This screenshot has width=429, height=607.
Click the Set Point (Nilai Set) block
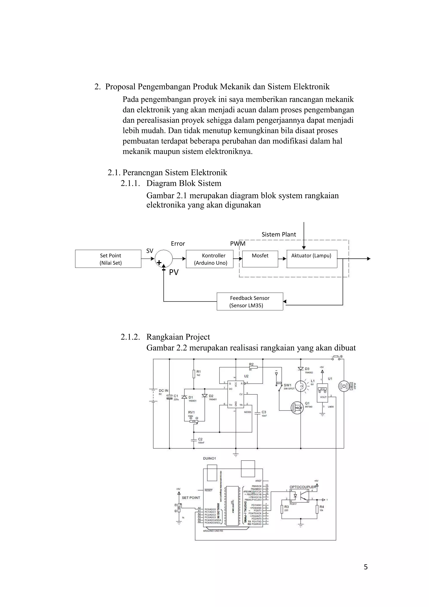coord(108,259)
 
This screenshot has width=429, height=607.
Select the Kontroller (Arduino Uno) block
coord(210,259)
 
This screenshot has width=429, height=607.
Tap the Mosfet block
coord(260,259)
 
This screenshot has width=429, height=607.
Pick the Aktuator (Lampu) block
coord(312,259)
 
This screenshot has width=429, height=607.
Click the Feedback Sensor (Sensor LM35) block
coord(250,301)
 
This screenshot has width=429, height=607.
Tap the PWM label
coord(238,243)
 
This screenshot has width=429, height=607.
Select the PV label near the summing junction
coord(174,272)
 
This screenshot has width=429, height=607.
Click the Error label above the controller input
coord(178,243)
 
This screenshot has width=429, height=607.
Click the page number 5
coord(366,567)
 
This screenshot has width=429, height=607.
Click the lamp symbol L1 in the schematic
coord(300,386)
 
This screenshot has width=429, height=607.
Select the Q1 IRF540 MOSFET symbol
coord(297,408)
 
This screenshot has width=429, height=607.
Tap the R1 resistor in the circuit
coord(194,373)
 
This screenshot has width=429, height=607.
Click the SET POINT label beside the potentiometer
coord(191,497)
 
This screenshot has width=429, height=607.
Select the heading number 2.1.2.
coord(130,337)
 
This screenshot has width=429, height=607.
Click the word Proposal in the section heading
coord(120,87)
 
